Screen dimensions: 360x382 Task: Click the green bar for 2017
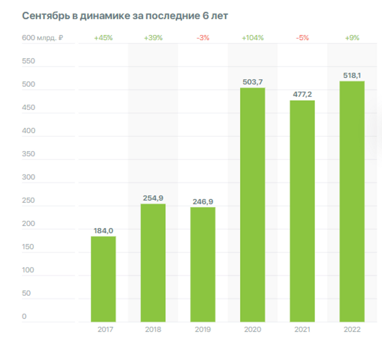(103, 279)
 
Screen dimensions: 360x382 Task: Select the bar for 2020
(252, 205)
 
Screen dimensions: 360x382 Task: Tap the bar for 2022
(352, 201)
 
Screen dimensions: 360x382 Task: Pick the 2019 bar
(202, 264)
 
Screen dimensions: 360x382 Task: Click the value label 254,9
(153, 197)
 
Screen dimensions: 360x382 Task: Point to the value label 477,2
(302, 94)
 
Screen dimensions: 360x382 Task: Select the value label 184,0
(103, 230)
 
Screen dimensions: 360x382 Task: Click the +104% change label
(252, 38)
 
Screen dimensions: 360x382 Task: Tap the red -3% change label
(202, 38)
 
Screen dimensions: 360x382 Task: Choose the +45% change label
(103, 38)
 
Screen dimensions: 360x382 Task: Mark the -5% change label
(302, 38)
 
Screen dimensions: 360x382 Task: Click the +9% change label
(352, 38)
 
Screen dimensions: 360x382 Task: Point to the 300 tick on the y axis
(29, 177)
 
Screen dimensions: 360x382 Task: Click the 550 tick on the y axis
(29, 61)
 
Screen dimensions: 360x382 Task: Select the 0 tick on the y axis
(24, 316)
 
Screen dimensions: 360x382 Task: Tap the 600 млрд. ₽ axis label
(42, 38)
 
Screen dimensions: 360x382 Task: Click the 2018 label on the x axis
(153, 329)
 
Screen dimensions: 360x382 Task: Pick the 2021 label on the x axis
(302, 329)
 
